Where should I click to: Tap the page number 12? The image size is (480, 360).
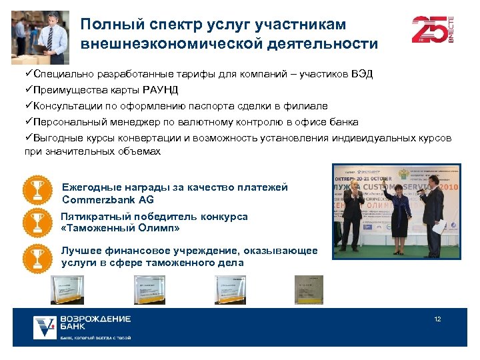pyautogui.click(x=438, y=319)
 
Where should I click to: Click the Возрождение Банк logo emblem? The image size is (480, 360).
pyautogui.click(x=45, y=327)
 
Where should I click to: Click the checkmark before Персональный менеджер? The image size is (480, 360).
pyautogui.click(x=29, y=122)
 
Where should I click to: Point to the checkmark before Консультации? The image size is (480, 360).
pyautogui.click(x=29, y=106)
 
